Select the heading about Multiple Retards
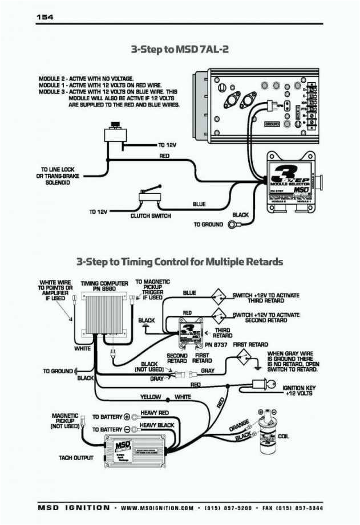(180, 262)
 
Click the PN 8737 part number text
(216, 345)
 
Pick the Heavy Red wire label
(155, 412)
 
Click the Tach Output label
(76, 457)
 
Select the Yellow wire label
(151, 396)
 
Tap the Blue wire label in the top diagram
(199, 204)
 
